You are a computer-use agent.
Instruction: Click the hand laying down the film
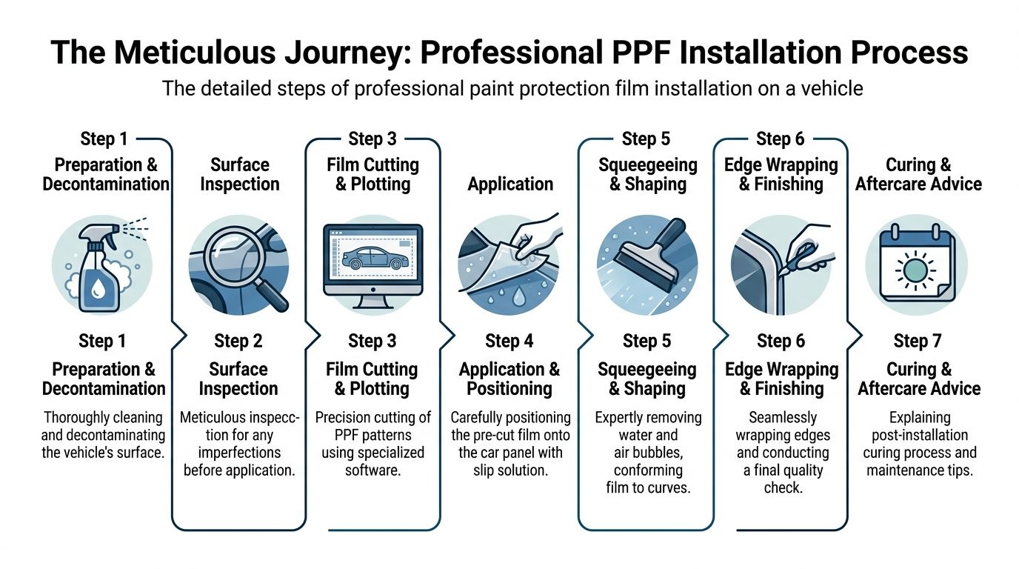[530, 237]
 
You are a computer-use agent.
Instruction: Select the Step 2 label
[238, 341]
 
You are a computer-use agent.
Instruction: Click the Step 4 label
[509, 341]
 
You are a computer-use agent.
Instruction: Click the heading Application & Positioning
[509, 379]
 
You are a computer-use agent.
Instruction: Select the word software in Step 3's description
[372, 470]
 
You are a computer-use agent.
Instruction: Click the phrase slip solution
[510, 470]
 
